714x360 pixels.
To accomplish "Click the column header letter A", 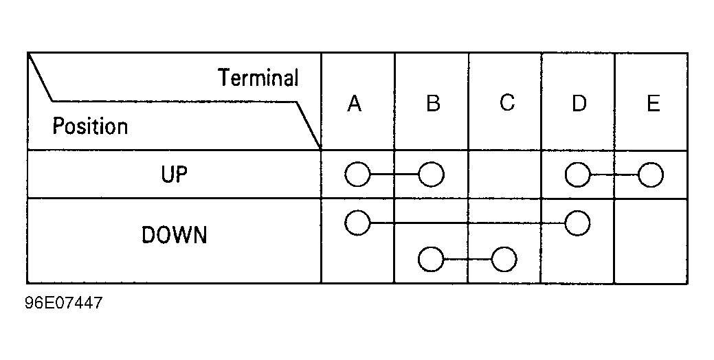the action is (355, 103).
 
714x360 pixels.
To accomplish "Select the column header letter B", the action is (433, 103).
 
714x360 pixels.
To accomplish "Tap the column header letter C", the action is (507, 102).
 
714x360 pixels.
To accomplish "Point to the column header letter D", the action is (579, 103).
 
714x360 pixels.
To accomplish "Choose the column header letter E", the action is (654, 103).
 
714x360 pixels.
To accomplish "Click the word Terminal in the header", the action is (258, 78).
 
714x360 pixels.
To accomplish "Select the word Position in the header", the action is (90, 126).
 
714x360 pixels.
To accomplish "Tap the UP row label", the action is (175, 175).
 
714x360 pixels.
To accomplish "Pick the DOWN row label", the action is (175, 235).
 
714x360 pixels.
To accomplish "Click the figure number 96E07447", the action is (64, 303).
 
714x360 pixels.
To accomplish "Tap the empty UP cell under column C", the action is (504, 175).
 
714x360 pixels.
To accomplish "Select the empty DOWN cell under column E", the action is (651, 241).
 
